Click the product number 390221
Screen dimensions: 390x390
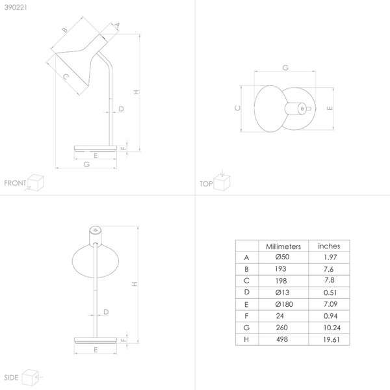(16, 7)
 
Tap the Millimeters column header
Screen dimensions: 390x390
(283, 246)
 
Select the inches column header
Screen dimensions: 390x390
(329, 246)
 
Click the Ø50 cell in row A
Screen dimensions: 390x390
(282, 257)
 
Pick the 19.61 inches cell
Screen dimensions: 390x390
(331, 339)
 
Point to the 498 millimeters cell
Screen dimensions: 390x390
(282, 339)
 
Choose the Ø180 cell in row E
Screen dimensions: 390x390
(284, 304)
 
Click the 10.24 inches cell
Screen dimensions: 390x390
(331, 328)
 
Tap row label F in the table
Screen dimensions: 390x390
(246, 316)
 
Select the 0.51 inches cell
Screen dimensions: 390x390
(330, 292)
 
